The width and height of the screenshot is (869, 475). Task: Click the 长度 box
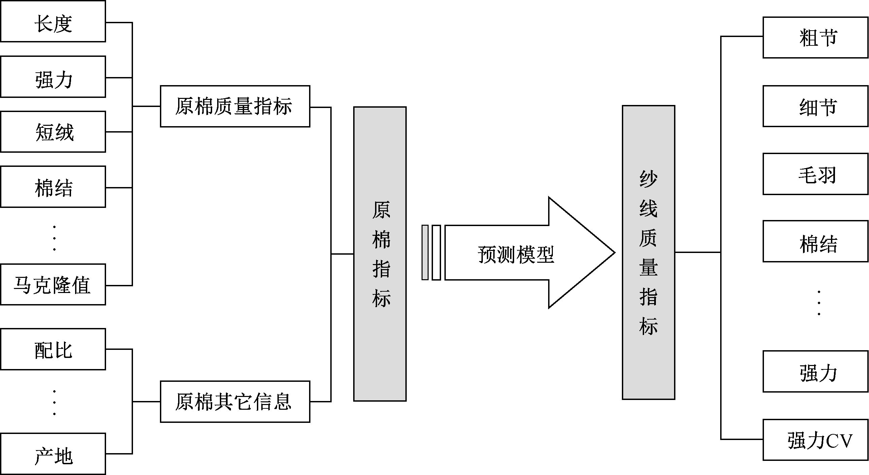(53, 22)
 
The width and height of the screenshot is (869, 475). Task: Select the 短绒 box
(53, 132)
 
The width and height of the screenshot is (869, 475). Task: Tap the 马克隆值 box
(53, 285)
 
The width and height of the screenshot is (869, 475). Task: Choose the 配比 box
(53, 350)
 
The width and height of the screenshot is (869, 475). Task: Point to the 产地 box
(53, 454)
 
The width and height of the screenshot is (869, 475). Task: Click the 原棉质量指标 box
(235, 107)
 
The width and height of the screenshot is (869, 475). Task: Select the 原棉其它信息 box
(235, 402)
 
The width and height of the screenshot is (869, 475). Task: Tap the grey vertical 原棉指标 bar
(380, 254)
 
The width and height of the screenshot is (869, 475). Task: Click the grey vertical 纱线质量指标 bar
(648, 253)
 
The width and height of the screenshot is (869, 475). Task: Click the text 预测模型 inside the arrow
(516, 255)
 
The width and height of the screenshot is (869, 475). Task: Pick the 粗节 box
(815, 38)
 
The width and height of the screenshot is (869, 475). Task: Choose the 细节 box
(815, 107)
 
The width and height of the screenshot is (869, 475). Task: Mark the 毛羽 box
(815, 174)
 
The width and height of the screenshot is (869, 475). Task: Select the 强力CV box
(815, 440)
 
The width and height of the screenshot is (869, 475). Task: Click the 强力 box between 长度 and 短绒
(53, 77)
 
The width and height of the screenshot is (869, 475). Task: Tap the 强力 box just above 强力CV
(815, 371)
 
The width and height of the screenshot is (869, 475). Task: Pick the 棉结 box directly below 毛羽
(815, 242)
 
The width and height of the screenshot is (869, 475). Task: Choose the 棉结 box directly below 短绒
(53, 187)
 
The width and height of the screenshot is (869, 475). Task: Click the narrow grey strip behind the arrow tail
(425, 253)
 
